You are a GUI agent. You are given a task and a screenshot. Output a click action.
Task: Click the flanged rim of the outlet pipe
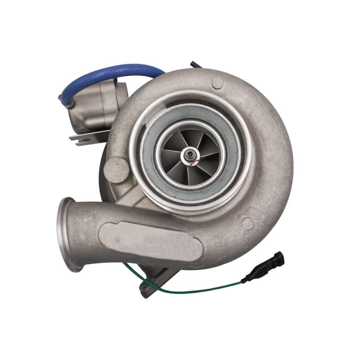pyautogui.click(x=65, y=234)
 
